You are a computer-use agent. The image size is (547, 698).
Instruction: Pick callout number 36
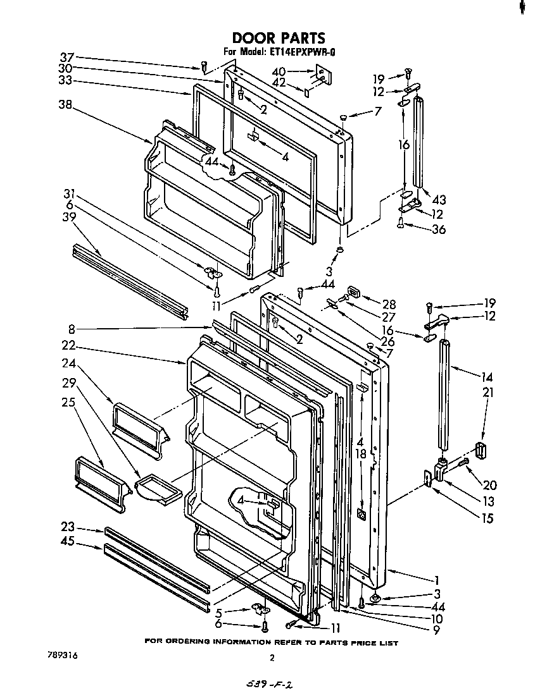click(438, 229)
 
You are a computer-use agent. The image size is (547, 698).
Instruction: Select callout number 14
click(486, 377)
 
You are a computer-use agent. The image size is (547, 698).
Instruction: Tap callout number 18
click(361, 453)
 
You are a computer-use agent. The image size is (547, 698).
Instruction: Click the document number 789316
click(61, 656)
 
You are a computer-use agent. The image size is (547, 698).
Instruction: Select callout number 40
click(279, 71)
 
